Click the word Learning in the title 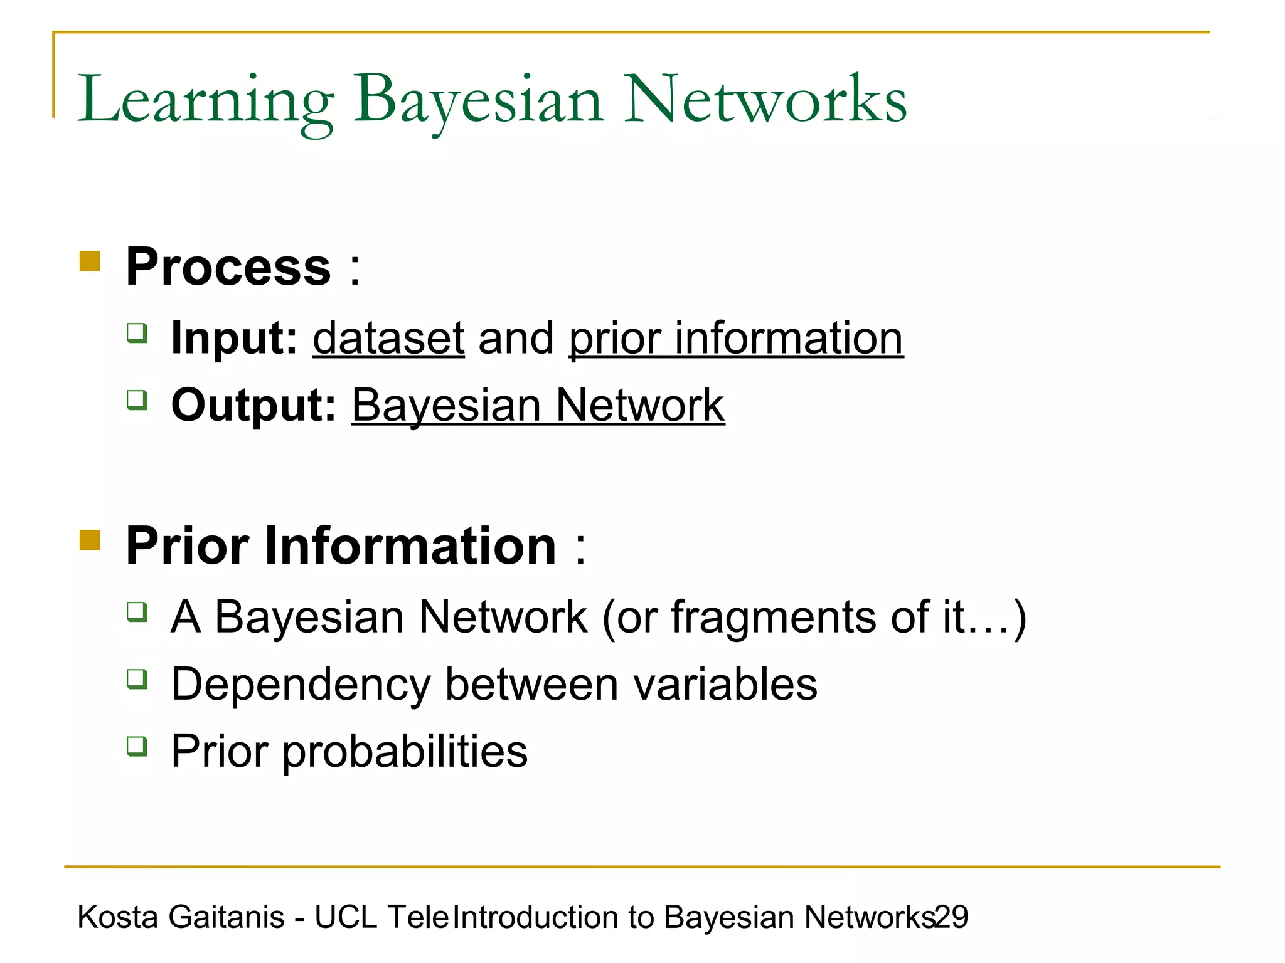[205, 100]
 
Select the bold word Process [228, 267]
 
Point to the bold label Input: [234, 338]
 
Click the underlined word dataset [388, 338]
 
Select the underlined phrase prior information [735, 338]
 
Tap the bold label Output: [253, 405]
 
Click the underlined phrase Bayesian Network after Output [538, 405]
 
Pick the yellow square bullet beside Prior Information [90, 539]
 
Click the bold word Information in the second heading [410, 545]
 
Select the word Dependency [300, 685]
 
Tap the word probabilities [405, 751]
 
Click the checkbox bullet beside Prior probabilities [137, 746]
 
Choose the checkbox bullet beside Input [137, 332]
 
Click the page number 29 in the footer [952, 917]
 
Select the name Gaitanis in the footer [227, 917]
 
